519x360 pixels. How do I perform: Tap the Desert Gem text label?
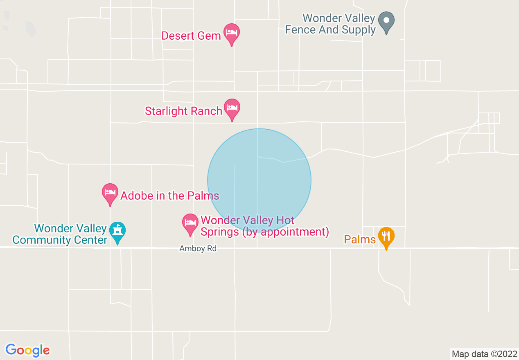click(x=191, y=36)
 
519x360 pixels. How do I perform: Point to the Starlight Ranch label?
click(x=183, y=111)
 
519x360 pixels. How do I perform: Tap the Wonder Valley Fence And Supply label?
click(x=330, y=24)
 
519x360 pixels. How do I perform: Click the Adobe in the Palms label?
click(x=169, y=196)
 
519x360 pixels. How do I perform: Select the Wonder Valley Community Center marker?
click(x=118, y=232)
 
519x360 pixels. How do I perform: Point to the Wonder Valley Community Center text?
click(x=60, y=234)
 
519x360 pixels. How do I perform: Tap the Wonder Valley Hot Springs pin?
click(x=190, y=223)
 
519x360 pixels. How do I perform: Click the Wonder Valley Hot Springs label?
click(x=264, y=226)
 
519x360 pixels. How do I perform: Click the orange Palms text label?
click(x=360, y=239)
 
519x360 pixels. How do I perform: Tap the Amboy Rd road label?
click(x=198, y=248)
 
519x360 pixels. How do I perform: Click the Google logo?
click(x=28, y=350)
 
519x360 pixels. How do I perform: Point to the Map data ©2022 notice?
click(x=484, y=353)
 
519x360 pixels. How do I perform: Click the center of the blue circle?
click(x=259, y=180)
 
